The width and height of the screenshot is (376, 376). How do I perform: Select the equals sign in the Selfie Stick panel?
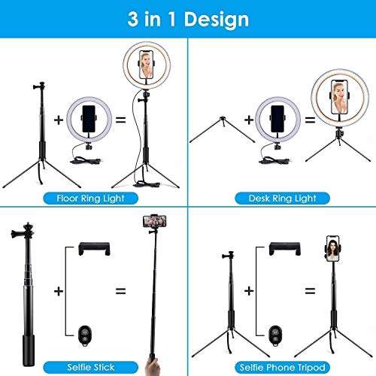coord(120,290)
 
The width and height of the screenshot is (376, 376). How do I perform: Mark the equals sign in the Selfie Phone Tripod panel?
coord(309,290)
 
